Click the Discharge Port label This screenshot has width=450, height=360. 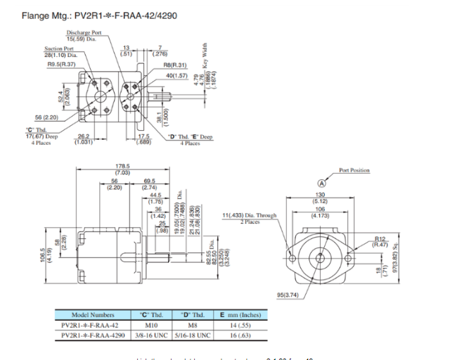(x=84, y=36)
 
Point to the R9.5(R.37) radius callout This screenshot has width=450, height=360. (x=61, y=65)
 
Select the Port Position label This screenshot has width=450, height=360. (x=354, y=170)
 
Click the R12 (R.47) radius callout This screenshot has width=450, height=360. (x=382, y=241)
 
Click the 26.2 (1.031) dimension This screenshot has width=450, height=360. (x=84, y=139)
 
